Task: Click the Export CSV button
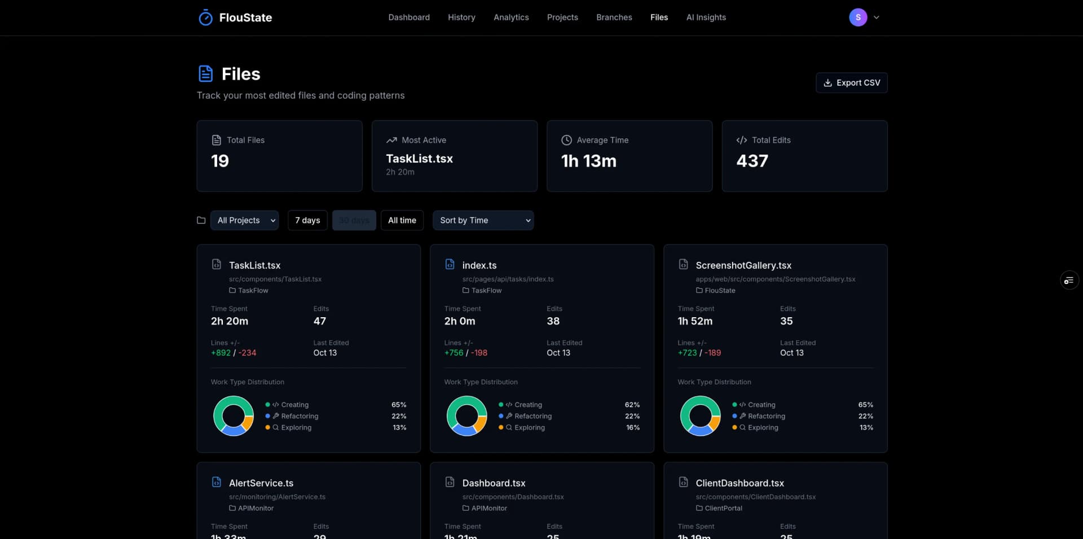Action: [851, 83]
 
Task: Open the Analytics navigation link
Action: [511, 17]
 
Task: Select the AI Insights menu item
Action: [706, 17]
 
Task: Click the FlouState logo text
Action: [245, 17]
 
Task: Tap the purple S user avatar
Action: [857, 17]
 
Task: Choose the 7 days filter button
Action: [307, 220]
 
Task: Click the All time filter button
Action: [402, 220]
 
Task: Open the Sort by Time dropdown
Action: [483, 220]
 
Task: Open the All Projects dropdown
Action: [244, 220]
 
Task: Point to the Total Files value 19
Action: [220, 161]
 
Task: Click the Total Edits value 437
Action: [752, 161]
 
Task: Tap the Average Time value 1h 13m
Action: [588, 161]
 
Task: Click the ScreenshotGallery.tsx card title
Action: [743, 265]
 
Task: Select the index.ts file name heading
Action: [479, 265]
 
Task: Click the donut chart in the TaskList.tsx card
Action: [234, 416]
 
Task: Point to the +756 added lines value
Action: [454, 353]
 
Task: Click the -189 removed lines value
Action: [712, 353]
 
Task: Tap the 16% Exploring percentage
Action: [632, 428]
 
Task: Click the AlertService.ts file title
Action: [261, 483]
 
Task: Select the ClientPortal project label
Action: [723, 509]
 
